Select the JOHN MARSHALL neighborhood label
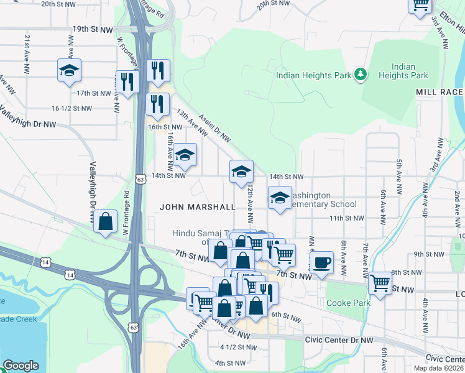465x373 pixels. coord(198,206)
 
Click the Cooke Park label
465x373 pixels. coord(348,303)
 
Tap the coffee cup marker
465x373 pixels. coord(321,262)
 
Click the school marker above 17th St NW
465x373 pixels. coord(69,71)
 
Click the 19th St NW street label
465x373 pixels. coord(93,29)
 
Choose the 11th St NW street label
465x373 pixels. coord(346,218)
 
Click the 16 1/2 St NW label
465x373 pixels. coord(74,108)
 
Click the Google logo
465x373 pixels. coord(21,366)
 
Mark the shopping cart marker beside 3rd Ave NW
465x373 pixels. coord(420,5)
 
